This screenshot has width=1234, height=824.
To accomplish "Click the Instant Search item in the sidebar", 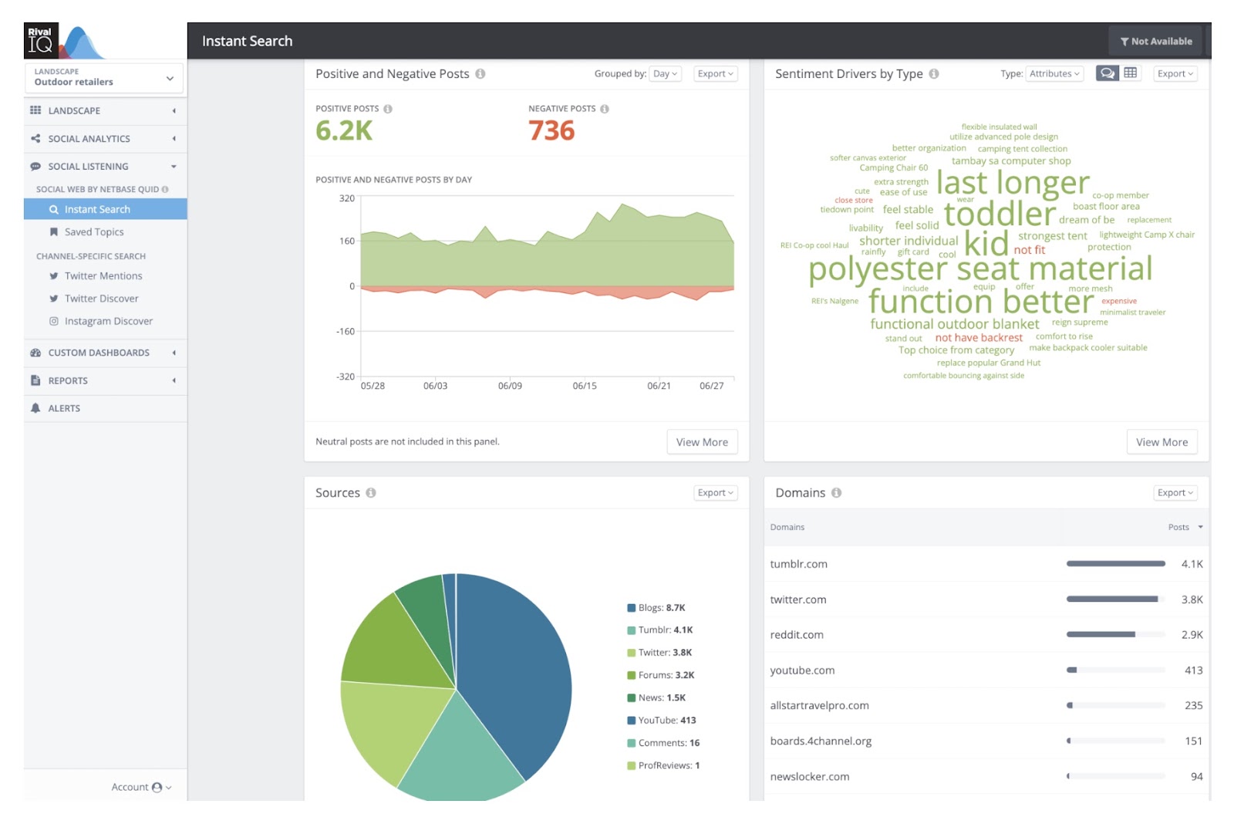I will click(97, 209).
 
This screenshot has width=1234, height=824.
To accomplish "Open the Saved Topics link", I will click(94, 231).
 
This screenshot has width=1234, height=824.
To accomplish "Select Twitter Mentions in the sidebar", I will click(103, 275).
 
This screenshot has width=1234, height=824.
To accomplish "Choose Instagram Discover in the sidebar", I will click(109, 321).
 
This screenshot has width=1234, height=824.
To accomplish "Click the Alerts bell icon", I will click(35, 408).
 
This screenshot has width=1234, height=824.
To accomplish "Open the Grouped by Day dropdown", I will click(665, 74).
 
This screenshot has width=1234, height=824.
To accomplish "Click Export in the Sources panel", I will click(715, 493).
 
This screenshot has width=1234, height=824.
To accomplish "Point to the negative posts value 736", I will click(551, 131).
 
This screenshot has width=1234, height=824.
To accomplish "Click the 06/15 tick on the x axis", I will click(585, 386).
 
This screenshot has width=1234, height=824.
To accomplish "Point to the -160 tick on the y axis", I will click(346, 331).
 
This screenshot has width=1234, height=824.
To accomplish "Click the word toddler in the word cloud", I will click(1000, 214).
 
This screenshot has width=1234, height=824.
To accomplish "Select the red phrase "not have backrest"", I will click(979, 338).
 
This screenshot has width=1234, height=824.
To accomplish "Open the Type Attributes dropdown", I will click(1054, 74).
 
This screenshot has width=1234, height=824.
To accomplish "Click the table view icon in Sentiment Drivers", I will click(1130, 73).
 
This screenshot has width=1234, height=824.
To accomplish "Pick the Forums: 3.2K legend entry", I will click(666, 675).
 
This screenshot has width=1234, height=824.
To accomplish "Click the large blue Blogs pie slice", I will click(517, 664).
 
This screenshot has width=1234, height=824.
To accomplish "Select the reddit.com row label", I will click(797, 635).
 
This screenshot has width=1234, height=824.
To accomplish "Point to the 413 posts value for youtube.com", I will click(1193, 670).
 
